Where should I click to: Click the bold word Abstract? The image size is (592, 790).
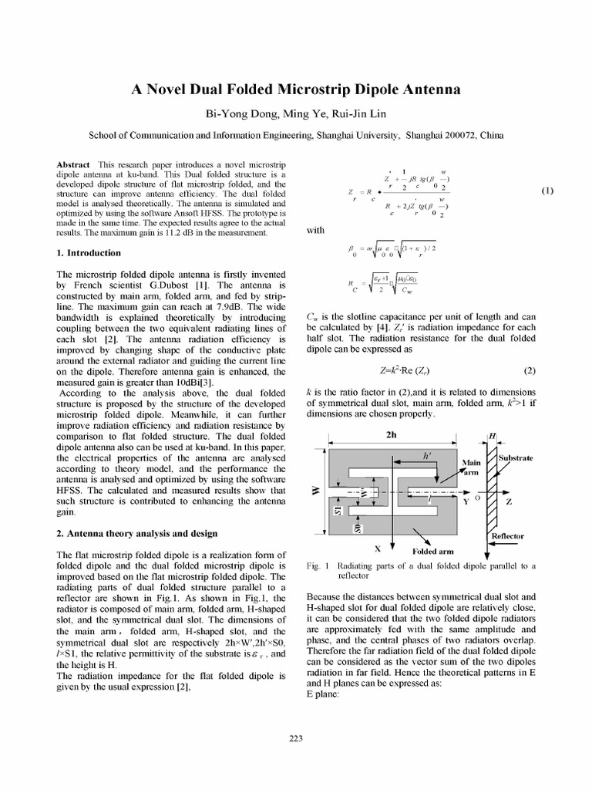pos(74,166)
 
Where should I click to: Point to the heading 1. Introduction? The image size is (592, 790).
pos(89,252)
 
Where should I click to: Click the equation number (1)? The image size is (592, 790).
pos(547,191)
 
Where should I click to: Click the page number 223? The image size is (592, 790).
pos(295,738)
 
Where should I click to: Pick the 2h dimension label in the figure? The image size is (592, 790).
pos(390,434)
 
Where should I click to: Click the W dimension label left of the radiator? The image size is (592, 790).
pos(314,491)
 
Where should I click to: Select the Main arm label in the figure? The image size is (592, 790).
pos(470,468)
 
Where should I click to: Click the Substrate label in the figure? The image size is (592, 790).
pos(516,457)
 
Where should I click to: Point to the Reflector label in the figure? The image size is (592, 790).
pos(507,535)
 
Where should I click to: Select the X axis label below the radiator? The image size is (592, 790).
pos(356,549)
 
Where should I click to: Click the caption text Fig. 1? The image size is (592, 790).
pos(317,565)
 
